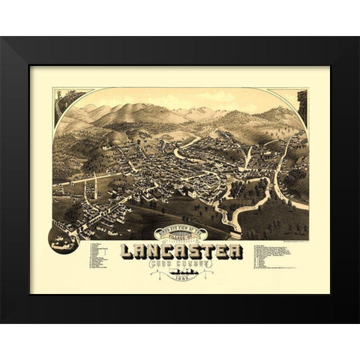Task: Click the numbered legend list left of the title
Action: click(102, 255)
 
